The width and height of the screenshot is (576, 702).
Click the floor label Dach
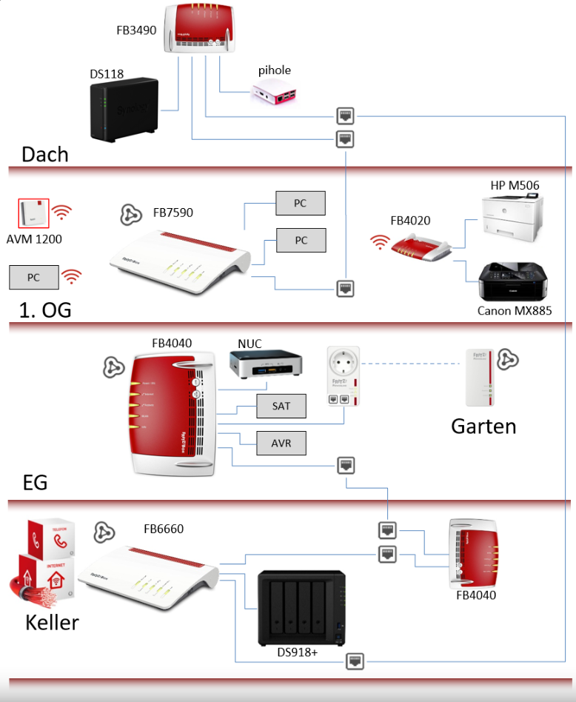45,154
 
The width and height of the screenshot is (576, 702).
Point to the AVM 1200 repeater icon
33,213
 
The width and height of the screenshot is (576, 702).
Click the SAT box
281,407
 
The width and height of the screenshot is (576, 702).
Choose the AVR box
281,443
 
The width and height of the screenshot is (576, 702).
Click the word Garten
483,426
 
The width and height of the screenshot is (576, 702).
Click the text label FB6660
164,529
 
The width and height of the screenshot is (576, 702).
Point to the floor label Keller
52,622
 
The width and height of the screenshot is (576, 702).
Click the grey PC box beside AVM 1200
34,277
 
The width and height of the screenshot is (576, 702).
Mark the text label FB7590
173,213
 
